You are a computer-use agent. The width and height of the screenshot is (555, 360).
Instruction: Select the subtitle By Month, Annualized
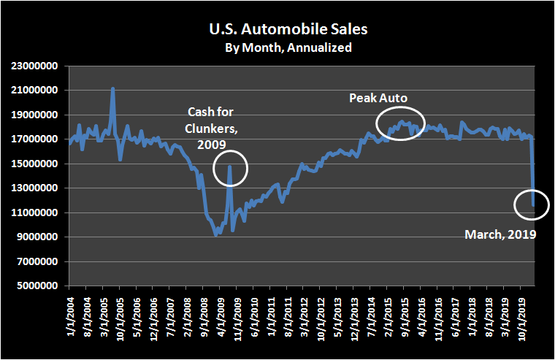point(277,48)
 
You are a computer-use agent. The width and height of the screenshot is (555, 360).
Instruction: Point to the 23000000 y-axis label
point(37,66)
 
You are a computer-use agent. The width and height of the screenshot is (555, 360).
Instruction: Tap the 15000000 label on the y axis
point(37,164)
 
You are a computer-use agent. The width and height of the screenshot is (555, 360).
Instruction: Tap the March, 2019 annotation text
point(501,234)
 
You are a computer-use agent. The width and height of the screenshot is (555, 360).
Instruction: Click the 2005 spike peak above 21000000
point(112,88)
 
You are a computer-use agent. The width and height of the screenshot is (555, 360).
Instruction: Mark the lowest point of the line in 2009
point(215,234)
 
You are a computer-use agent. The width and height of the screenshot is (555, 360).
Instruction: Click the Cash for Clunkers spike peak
point(229,166)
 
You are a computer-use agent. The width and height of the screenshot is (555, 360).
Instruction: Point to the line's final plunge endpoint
point(535,205)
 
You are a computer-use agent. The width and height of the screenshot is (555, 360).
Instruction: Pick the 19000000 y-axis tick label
point(37,115)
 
